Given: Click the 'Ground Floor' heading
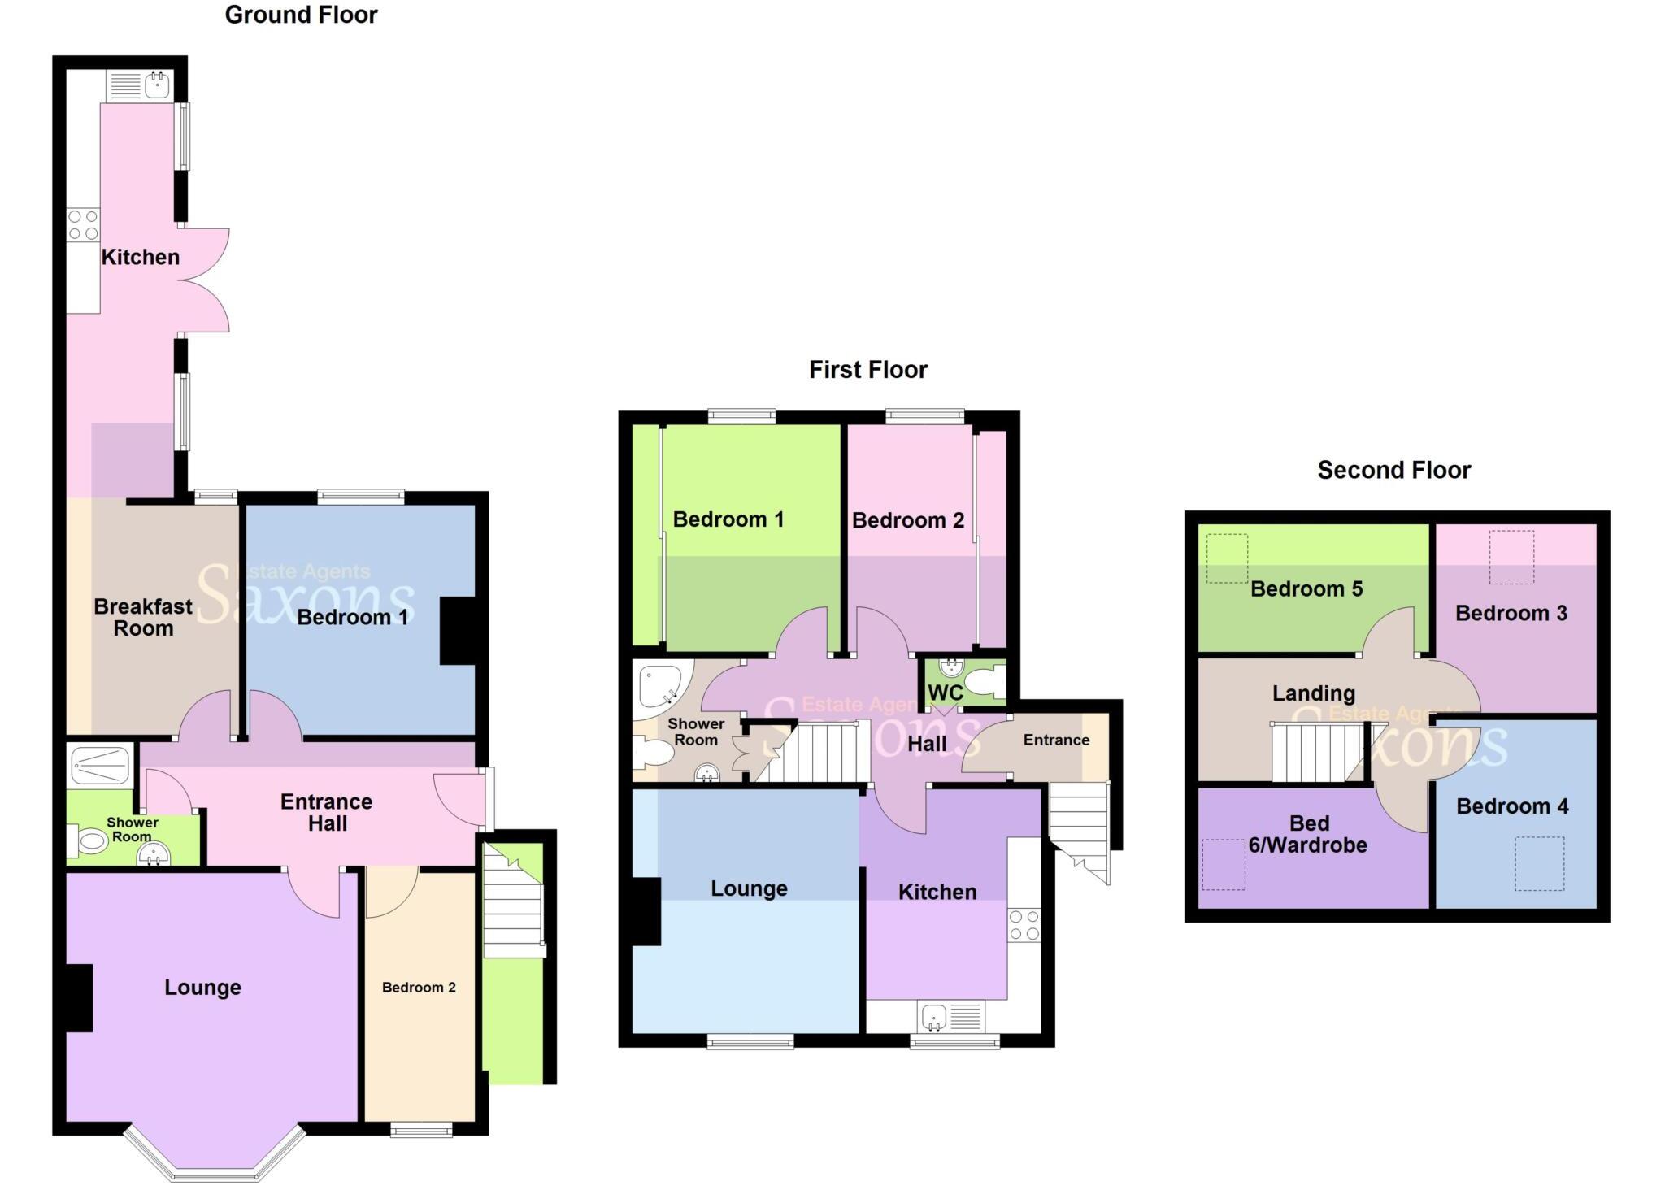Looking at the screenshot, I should [301, 15].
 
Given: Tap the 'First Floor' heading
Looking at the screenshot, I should [867, 370].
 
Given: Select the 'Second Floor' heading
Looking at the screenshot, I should [1393, 470].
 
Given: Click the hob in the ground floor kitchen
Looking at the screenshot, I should [83, 225].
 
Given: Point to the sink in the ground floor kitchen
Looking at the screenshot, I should [157, 84].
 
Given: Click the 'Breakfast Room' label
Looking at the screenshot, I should [143, 617].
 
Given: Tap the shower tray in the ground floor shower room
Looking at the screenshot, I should [101, 765].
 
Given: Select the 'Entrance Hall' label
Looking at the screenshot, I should [327, 812].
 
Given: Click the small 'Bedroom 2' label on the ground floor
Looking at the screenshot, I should [419, 987].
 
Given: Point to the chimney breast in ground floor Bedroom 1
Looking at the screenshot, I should [458, 632].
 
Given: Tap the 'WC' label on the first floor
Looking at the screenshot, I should [945, 693].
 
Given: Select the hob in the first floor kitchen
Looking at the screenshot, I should [1024, 925].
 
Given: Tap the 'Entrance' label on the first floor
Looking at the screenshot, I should [1056, 740].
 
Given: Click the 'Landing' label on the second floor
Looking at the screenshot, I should [1313, 693].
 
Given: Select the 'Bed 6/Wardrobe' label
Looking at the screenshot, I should [1308, 834].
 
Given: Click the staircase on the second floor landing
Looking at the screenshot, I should [1316, 752].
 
